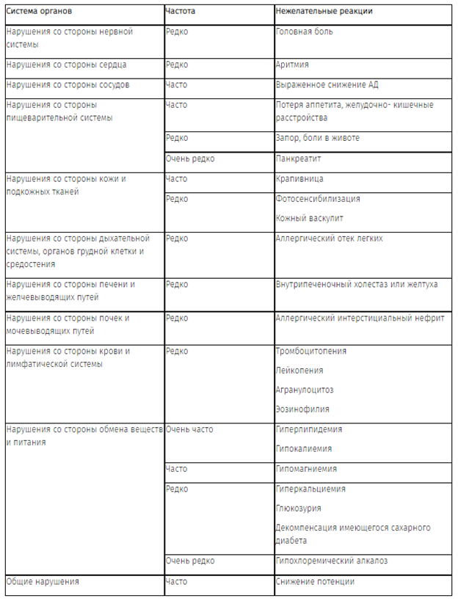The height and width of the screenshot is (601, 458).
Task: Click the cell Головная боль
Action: pos(305,33)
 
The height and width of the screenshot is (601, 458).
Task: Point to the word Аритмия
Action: pos(292,65)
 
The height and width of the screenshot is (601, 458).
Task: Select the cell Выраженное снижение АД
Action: pos(327,85)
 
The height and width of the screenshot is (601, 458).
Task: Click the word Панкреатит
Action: pos(298,159)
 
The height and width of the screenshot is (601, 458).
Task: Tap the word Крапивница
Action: pos(299,179)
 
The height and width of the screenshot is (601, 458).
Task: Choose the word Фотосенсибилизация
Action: pos(318,199)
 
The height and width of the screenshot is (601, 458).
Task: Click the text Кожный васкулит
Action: pos(309,218)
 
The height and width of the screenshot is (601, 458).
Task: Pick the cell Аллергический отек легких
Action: pos(329,238)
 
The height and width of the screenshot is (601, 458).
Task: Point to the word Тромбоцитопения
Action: pos(310,352)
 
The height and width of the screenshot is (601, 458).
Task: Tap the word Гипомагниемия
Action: pos(306,469)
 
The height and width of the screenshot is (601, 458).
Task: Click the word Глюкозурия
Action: pos(298,508)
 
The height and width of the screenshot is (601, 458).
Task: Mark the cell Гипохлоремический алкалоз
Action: pos(332,561)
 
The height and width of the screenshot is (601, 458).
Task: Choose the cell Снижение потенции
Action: pos(315,582)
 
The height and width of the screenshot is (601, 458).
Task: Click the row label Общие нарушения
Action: pos(42,582)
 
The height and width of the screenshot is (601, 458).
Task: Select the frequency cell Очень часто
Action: pos(190,429)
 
